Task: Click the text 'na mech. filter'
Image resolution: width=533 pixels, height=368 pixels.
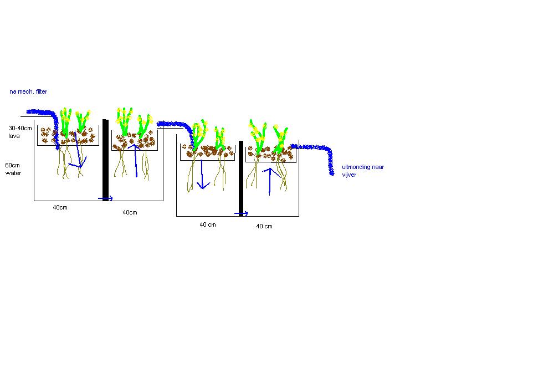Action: tap(28, 91)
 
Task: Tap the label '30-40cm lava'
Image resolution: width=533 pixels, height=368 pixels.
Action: tap(20, 132)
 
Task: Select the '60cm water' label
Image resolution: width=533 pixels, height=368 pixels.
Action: tap(13, 169)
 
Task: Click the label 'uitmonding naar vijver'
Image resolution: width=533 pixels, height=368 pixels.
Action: tap(363, 171)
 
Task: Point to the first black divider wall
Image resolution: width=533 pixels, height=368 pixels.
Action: tap(106, 160)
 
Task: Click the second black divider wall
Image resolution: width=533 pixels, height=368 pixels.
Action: tap(241, 178)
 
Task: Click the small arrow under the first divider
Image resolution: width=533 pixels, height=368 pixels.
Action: tap(105, 198)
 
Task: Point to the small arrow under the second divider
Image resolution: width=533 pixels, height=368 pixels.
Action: tap(242, 213)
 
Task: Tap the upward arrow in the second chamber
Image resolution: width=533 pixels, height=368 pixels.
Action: tap(135, 160)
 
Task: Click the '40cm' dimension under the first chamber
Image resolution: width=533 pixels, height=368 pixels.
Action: tap(60, 207)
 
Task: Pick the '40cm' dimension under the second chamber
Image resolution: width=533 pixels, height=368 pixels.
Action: tap(130, 213)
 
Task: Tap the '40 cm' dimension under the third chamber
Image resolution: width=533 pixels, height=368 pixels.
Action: tap(208, 225)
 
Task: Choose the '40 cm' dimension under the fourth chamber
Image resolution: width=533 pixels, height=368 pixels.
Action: tap(264, 227)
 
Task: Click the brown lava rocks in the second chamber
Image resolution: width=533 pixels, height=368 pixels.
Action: tap(134, 141)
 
